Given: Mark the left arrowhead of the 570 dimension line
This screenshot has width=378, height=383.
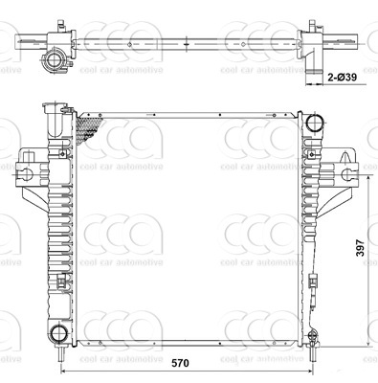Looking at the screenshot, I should [64, 372].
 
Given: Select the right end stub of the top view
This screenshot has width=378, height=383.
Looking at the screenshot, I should [356, 38].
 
